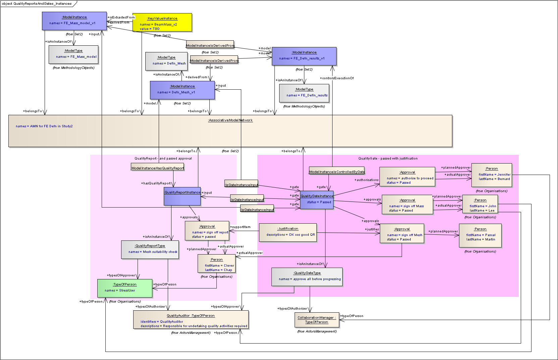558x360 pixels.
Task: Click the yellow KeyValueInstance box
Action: pyautogui.click(x=162, y=22)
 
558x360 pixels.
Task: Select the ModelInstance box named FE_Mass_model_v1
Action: pyautogui.click(x=74, y=21)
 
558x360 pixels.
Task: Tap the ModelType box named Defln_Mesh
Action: pyautogui.click(x=166, y=61)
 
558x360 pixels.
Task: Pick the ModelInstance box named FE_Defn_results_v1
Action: pyautogui.click(x=304, y=56)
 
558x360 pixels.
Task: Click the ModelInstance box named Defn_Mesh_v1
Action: pyautogui.click(x=182, y=90)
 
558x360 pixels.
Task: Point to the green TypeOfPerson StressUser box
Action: pyautogui.click(x=125, y=288)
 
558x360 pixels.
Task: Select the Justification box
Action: pyautogui.click(x=288, y=232)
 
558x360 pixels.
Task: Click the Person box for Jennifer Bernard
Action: pyautogui.click(x=492, y=174)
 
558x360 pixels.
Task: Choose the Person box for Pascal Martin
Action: pyautogui.click(x=480, y=235)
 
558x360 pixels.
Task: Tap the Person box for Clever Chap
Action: pyautogui.click(x=216, y=263)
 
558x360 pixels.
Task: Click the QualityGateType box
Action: pyautogui.click(x=307, y=277)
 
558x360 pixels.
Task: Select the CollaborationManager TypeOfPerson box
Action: pyautogui.click(x=317, y=320)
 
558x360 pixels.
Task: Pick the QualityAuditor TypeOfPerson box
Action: pyautogui.click(x=191, y=319)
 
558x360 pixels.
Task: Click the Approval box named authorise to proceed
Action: pyautogui.click(x=407, y=177)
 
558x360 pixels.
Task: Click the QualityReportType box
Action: pyautogui.click(x=150, y=250)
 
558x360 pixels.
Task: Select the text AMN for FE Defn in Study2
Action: pyautogui.click(x=44, y=126)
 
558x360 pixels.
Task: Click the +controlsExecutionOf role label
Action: pyautogui.click(x=337, y=78)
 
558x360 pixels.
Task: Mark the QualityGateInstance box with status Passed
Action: pyautogui.click(x=317, y=200)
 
